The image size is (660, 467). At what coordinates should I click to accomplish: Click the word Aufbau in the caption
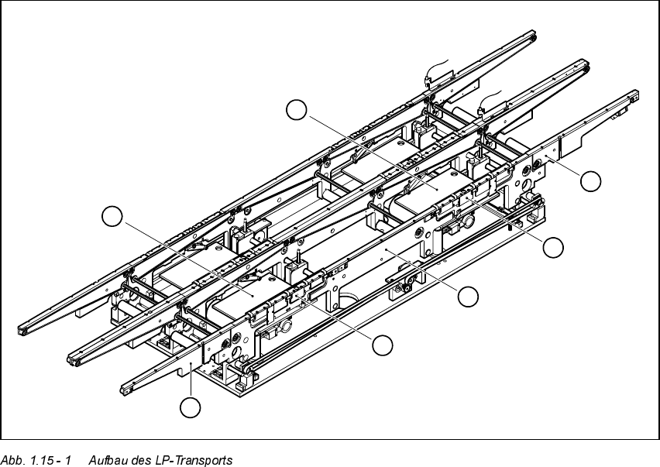107,460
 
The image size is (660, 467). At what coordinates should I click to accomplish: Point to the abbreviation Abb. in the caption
13,460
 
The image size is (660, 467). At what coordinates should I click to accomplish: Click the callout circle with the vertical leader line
191,406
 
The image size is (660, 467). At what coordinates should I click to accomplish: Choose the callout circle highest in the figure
296,110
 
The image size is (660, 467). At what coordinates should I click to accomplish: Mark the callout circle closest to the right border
591,180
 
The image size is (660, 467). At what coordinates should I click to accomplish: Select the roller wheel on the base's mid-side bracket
404,289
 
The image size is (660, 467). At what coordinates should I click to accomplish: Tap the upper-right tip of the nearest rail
636,95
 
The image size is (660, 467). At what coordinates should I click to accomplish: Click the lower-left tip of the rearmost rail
23,331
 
